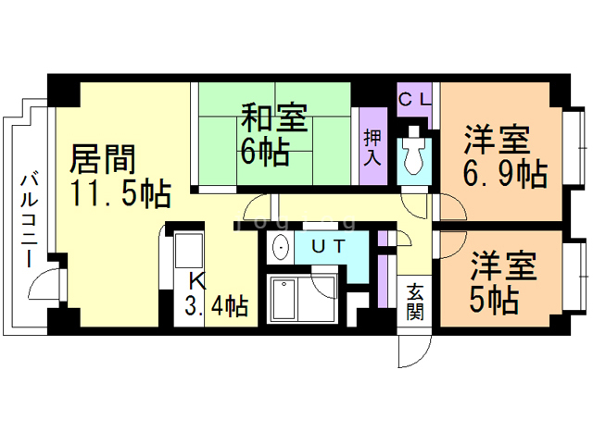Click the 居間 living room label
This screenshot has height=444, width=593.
[103, 159]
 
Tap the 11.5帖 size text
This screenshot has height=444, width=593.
[121, 194]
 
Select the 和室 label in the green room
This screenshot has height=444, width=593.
[274, 117]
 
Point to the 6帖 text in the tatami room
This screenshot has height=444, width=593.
[265, 152]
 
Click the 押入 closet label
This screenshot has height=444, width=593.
[372, 147]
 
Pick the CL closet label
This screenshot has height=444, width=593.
[415, 100]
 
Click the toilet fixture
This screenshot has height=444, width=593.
[414, 151]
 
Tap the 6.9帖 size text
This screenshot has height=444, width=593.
[505, 174]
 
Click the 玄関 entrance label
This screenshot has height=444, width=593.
[415, 302]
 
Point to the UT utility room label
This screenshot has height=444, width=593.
[329, 246]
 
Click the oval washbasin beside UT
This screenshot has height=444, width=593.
[281, 247]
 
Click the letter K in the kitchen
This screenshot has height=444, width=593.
[197, 281]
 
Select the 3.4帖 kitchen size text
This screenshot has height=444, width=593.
[216, 306]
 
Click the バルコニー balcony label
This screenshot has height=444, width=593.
[30, 220]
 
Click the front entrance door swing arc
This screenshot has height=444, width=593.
[423, 357]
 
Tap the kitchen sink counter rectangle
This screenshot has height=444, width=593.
[189, 251]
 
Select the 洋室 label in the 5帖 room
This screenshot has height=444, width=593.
[503, 265]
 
